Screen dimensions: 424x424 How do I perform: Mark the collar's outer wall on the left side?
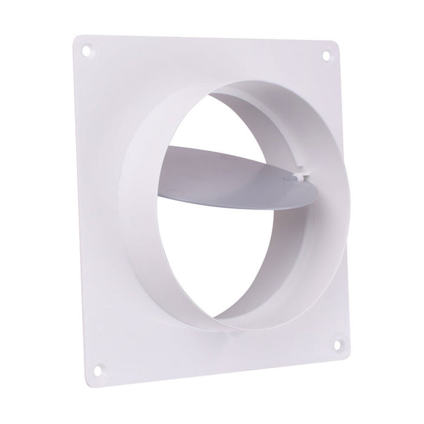139,206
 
